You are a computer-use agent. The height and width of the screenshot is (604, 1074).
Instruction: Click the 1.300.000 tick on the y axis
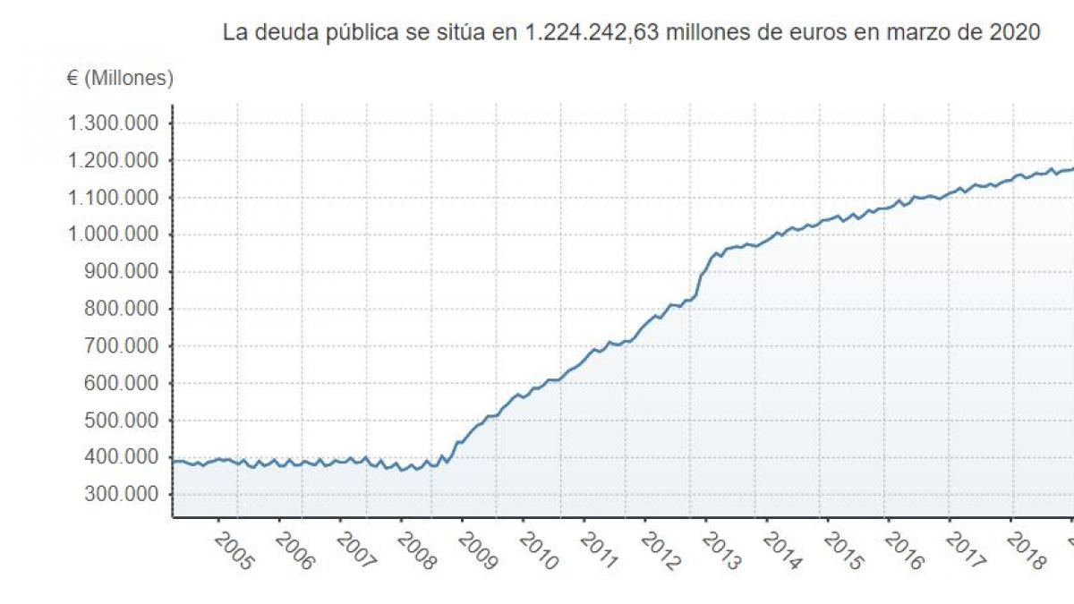coord(114,123)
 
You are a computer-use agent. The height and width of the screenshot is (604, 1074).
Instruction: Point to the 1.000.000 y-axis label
coord(114,234)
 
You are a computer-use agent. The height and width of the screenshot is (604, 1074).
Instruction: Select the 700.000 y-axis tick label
coord(123,346)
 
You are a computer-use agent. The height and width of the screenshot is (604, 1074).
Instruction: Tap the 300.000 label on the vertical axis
coord(123,495)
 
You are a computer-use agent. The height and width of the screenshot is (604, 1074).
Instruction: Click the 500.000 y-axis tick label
coord(123,421)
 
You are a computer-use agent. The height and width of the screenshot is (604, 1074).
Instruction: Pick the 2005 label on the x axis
coord(234,552)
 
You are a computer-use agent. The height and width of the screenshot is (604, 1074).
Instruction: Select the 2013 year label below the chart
coord(721,552)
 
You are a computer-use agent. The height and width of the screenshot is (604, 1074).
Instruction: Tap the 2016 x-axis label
coord(904,552)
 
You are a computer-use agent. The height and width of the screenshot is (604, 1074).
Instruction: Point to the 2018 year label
coord(1026,552)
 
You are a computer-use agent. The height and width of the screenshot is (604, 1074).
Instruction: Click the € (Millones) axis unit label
coord(120,79)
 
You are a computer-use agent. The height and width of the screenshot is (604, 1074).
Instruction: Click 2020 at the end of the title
coord(1014,33)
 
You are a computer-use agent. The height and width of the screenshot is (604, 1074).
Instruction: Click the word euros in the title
coord(814,33)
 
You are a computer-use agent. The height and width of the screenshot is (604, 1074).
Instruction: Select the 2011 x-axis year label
coord(599,552)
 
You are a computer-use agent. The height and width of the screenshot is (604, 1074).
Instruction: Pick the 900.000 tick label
coord(123,272)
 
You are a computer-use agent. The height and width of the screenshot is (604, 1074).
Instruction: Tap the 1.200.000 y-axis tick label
coord(114,161)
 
